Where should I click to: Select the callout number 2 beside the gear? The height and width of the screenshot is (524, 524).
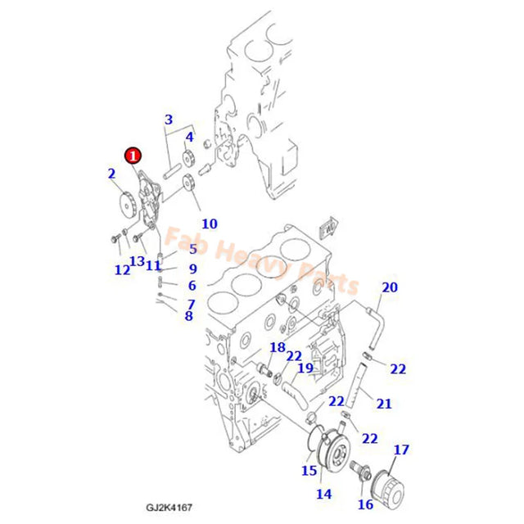coord(111,173)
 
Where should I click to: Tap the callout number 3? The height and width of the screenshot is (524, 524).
coord(168,120)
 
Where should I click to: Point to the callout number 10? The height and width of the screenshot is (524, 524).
coord(209,224)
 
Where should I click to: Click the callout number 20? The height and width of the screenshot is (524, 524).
coord(390,287)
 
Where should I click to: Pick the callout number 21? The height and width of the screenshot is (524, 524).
coord(385,403)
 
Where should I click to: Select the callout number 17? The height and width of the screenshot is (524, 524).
coord(401,449)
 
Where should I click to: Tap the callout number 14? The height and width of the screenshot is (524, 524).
coord(324,494)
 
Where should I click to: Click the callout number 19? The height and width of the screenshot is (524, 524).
coord(305,368)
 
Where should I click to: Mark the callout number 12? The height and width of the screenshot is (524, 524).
coord(122,269)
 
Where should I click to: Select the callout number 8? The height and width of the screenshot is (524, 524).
coord(188,316)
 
